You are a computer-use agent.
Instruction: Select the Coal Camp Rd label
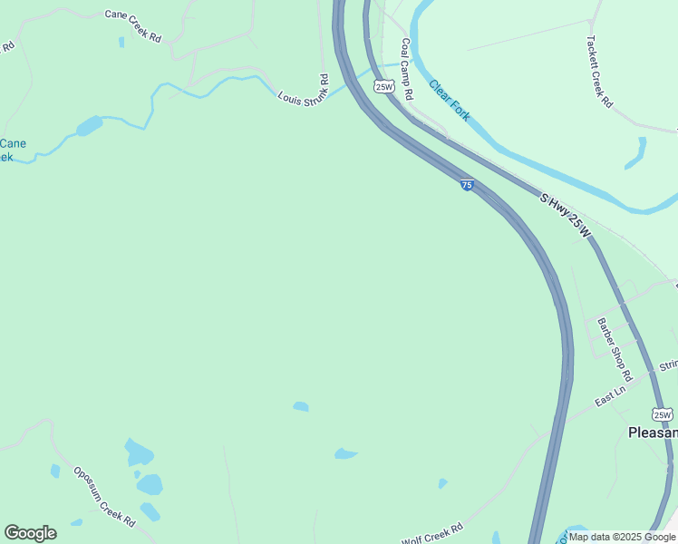(x=406, y=69)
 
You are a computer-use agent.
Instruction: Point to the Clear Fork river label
(x=449, y=102)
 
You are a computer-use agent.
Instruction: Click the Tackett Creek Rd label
(x=599, y=72)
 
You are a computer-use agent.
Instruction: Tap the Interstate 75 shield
(x=467, y=185)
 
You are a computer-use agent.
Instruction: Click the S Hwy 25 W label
(x=565, y=216)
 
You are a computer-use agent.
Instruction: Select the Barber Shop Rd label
(x=611, y=349)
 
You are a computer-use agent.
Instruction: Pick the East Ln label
(x=611, y=396)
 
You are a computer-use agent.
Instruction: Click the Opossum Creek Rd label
(x=104, y=498)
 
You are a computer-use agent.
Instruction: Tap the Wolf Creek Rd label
(x=432, y=533)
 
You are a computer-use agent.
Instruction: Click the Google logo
(x=30, y=533)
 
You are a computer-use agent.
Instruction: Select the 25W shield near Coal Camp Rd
(x=384, y=87)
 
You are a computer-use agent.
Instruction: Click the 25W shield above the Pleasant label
(x=663, y=414)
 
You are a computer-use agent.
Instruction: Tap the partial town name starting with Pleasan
(x=653, y=432)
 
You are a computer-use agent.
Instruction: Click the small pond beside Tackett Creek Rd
(x=635, y=152)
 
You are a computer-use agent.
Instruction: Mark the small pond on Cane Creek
(x=90, y=126)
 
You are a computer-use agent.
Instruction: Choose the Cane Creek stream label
(x=11, y=150)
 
